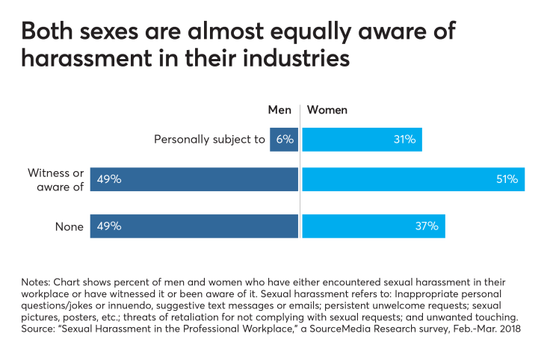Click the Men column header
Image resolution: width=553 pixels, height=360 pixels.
pos(279,110)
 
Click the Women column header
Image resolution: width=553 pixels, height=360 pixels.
pos(327,110)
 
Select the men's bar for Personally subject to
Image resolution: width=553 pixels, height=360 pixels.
pos(284,139)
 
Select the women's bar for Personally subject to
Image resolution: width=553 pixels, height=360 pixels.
pos(362,139)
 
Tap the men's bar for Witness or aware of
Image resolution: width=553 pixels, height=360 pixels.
pos(194,179)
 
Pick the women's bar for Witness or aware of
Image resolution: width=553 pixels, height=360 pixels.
pos(413,179)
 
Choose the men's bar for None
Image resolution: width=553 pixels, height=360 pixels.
pos(194,226)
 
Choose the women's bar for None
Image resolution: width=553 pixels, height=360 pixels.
pos(373,226)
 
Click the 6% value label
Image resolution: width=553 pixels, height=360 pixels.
pos(284,139)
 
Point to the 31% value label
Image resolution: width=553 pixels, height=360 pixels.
pos(406,139)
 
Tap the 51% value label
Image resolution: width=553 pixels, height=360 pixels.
pos(509,179)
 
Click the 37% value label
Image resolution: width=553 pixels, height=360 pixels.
pos(427,226)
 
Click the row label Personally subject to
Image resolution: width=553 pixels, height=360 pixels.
pos(209,139)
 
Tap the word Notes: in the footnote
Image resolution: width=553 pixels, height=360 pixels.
pos(38,282)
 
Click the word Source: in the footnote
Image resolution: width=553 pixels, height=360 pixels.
pos(41,327)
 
